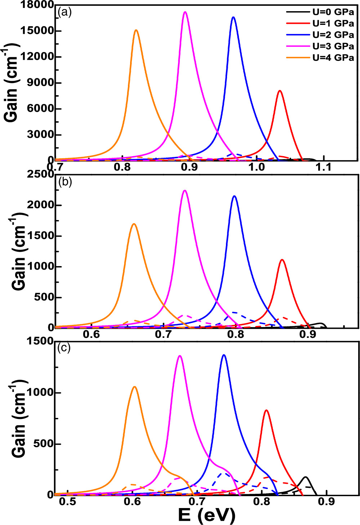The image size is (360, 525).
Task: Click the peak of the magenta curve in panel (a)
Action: (185, 12)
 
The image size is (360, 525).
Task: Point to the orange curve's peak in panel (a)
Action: (136, 30)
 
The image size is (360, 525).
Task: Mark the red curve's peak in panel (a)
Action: (280, 91)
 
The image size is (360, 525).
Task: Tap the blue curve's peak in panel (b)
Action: (235, 196)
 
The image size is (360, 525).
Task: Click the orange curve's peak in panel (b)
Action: (134, 224)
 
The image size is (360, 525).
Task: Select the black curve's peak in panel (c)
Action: (306, 477)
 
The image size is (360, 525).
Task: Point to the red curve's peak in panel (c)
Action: (266, 410)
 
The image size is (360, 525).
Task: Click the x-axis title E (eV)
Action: (206, 515)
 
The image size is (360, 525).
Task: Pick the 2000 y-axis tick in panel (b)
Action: (40, 205)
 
